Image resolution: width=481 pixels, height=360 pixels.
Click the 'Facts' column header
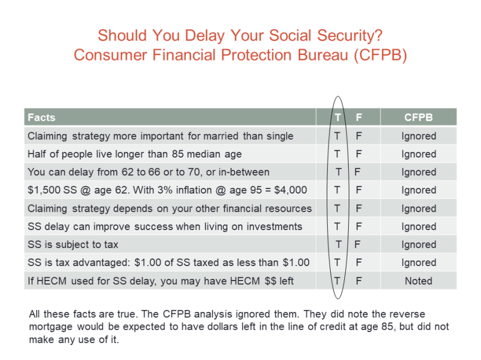[41, 118]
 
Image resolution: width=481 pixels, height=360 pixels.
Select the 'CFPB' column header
[418, 118]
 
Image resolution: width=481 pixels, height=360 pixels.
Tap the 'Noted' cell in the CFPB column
[418, 281]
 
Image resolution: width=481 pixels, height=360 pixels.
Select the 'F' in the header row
[359, 118]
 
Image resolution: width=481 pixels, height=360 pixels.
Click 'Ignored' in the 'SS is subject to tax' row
[418, 245]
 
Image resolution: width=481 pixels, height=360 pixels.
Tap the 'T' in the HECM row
[336, 281]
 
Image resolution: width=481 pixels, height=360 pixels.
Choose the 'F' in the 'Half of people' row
[359, 154]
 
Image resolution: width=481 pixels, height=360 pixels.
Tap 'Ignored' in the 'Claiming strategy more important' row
[418, 136]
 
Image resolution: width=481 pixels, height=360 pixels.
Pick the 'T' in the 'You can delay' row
[338, 172]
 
